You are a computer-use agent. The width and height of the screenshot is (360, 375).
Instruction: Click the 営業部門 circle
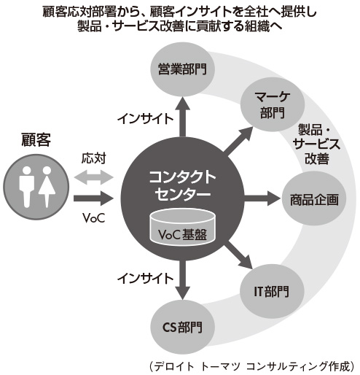click(x=182, y=70)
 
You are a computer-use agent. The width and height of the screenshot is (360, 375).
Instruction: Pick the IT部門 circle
click(x=270, y=291)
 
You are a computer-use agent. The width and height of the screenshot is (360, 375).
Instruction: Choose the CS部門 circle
click(x=181, y=325)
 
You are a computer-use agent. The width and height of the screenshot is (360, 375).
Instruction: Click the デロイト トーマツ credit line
click(x=249, y=363)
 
